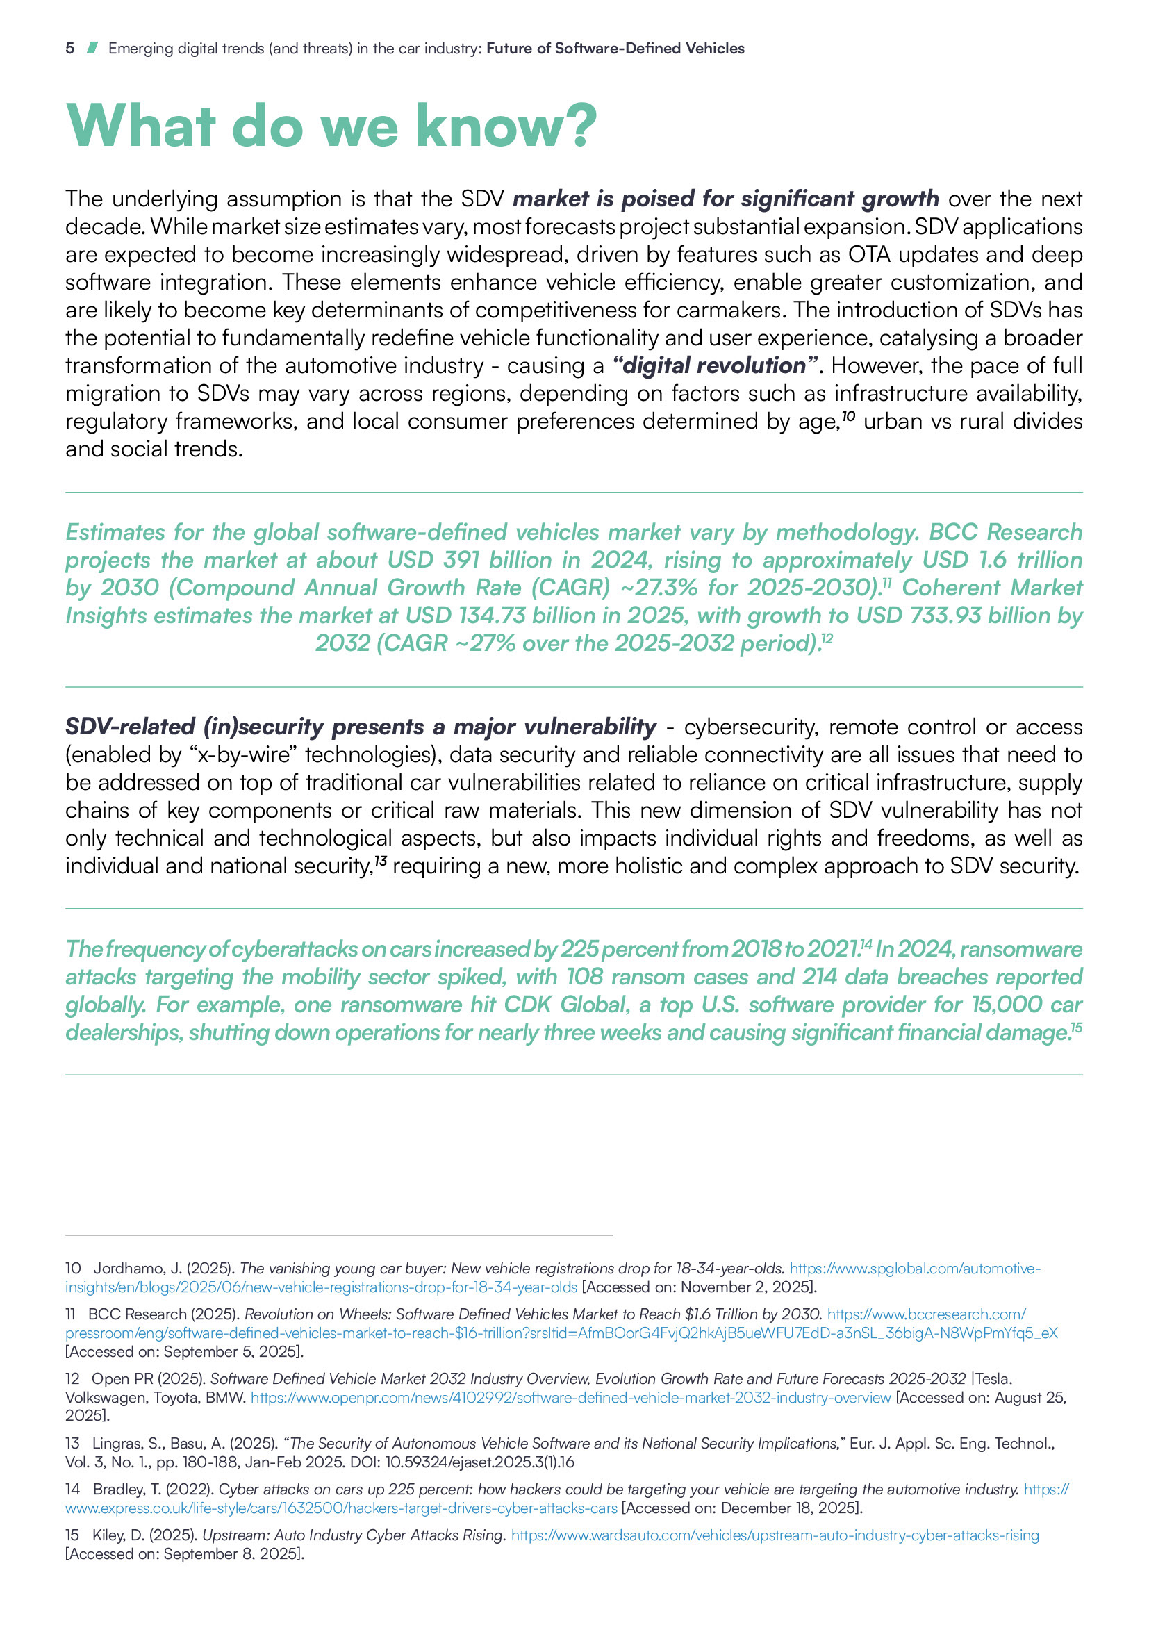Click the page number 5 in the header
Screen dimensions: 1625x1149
click(69, 48)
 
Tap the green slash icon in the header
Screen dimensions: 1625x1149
click(91, 48)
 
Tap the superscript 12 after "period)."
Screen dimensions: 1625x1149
click(827, 638)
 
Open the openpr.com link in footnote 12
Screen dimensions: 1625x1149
click(570, 1398)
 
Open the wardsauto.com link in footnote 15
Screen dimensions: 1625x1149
click(775, 1535)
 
